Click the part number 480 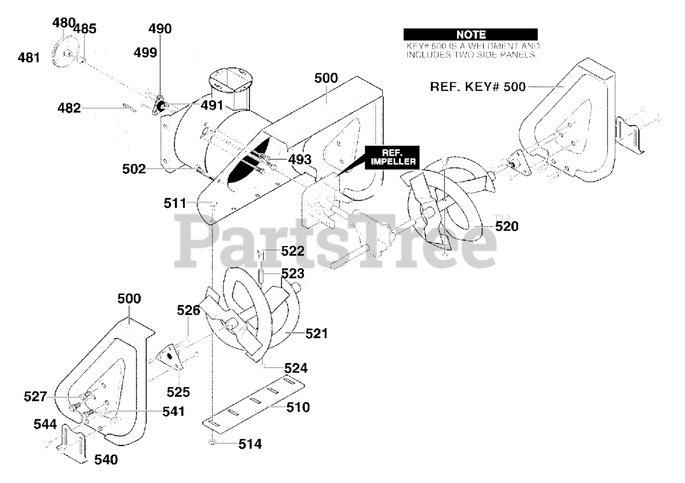pyautogui.click(x=64, y=23)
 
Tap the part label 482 pyautogui.click(x=69, y=108)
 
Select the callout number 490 pyautogui.click(x=160, y=29)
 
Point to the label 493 pyautogui.click(x=300, y=158)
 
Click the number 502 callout pyautogui.click(x=134, y=169)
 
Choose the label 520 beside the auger pyautogui.click(x=506, y=226)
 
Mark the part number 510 pyautogui.click(x=298, y=408)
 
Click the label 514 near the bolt pyautogui.click(x=250, y=444)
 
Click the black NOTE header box pyautogui.click(x=470, y=35)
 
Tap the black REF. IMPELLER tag pyautogui.click(x=392, y=157)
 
